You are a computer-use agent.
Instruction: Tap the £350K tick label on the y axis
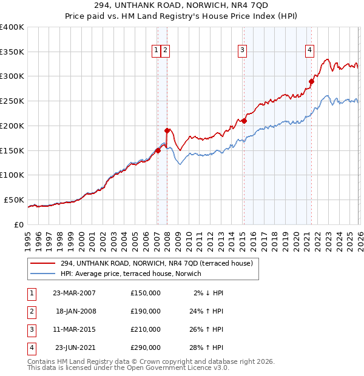click(12, 52)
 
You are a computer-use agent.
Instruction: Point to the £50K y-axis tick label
click(14, 200)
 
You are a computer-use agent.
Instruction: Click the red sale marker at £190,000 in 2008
click(167, 130)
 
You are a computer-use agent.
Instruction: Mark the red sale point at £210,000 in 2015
click(244, 121)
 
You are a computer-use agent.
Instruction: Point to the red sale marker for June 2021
click(311, 81)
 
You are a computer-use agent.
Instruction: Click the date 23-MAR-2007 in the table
click(74, 293)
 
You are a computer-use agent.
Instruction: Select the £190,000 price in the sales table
click(146, 311)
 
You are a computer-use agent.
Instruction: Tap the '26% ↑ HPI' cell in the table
click(206, 329)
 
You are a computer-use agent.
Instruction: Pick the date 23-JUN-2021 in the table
click(74, 347)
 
